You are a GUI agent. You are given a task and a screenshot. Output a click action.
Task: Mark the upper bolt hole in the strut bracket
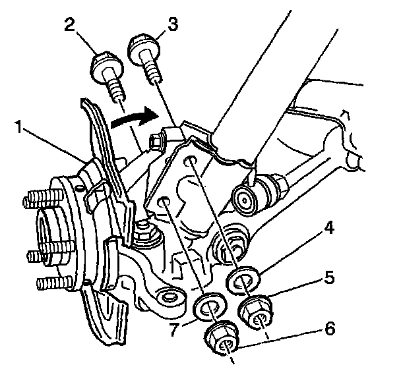click(x=191, y=161)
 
